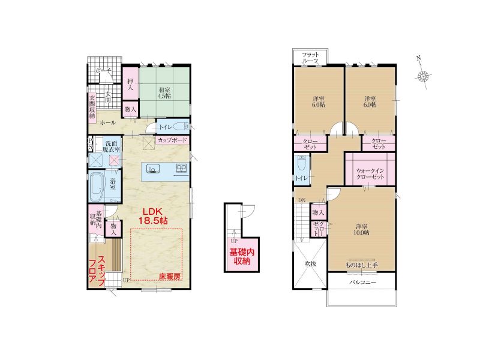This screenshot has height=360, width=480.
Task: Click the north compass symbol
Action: tap(424, 75)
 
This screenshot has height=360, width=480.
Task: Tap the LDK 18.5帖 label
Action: tap(153, 216)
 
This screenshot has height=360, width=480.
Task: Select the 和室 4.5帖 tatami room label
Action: tap(164, 93)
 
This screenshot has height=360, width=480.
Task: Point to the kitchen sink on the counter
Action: tap(153, 169)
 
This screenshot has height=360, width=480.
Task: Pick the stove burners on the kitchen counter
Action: tap(181, 169)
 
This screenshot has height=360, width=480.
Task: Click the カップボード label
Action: tap(172, 140)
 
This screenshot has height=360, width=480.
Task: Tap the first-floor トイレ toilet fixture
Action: tap(181, 127)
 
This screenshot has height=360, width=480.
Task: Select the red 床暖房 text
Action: tap(170, 277)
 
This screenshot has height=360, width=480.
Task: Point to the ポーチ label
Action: tap(103, 71)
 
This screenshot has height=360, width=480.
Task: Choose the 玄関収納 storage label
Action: tap(92, 106)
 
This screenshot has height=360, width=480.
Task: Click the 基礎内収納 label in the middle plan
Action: tap(242, 257)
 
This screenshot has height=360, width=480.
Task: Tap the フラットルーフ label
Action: tap(310, 58)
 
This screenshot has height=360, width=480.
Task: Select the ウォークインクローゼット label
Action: tap(370, 173)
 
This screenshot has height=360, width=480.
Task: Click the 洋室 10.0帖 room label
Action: tap(362, 230)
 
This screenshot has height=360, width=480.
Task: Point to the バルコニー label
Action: tap(362, 282)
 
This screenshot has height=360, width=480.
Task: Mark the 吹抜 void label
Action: tap(310, 263)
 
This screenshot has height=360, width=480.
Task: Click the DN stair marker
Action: tap(302, 200)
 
